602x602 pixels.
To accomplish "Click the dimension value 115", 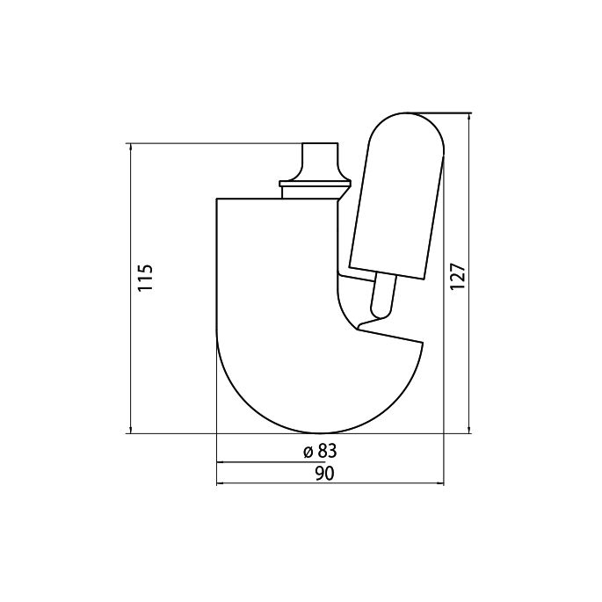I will coord(145,278).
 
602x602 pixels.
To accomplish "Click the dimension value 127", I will coord(456,277).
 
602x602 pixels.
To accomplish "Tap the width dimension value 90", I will coord(323,474).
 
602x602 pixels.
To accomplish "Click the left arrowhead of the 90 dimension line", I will coord(221,483).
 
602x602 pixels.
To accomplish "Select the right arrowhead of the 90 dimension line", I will coord(439,483).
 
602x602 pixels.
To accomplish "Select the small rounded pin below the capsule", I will coord(382,297).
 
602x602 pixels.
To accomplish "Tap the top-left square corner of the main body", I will coord(217,199).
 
